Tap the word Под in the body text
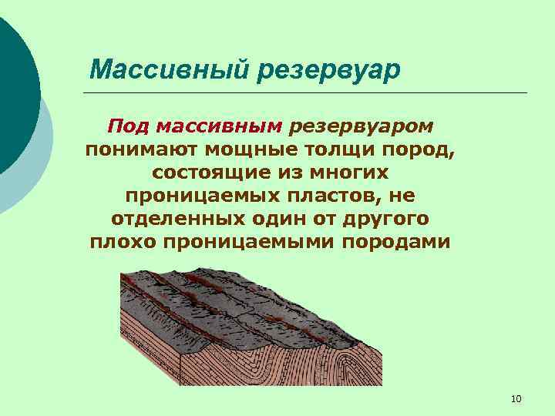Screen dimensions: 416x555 125,125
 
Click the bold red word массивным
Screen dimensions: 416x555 216,125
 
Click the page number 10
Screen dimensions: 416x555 516,398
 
